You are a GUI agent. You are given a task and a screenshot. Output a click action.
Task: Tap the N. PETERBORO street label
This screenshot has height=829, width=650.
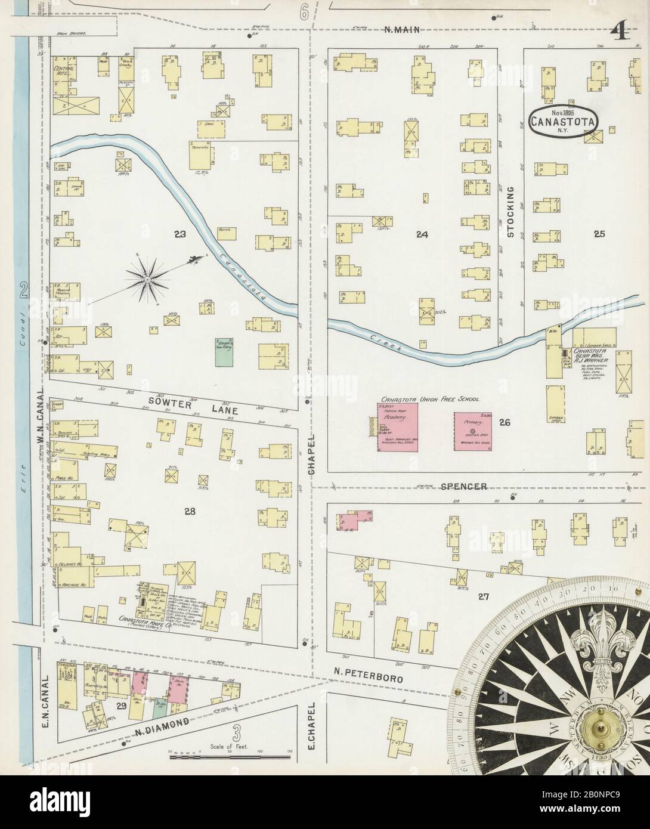[x=368, y=678]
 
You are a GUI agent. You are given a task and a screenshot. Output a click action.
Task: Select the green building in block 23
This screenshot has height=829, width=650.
[x=224, y=352]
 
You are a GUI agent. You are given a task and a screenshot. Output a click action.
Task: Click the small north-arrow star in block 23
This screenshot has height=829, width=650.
[x=147, y=277]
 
